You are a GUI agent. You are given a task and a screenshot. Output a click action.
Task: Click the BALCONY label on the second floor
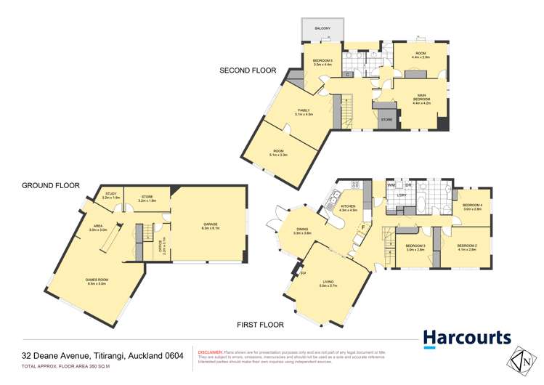(322, 28)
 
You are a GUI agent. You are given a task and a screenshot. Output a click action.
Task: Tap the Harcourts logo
(467, 339)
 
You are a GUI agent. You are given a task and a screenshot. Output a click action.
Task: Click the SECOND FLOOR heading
(249, 70)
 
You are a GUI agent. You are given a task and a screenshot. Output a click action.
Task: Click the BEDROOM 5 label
(322, 61)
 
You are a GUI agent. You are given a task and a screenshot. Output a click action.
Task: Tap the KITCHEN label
(349, 207)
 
